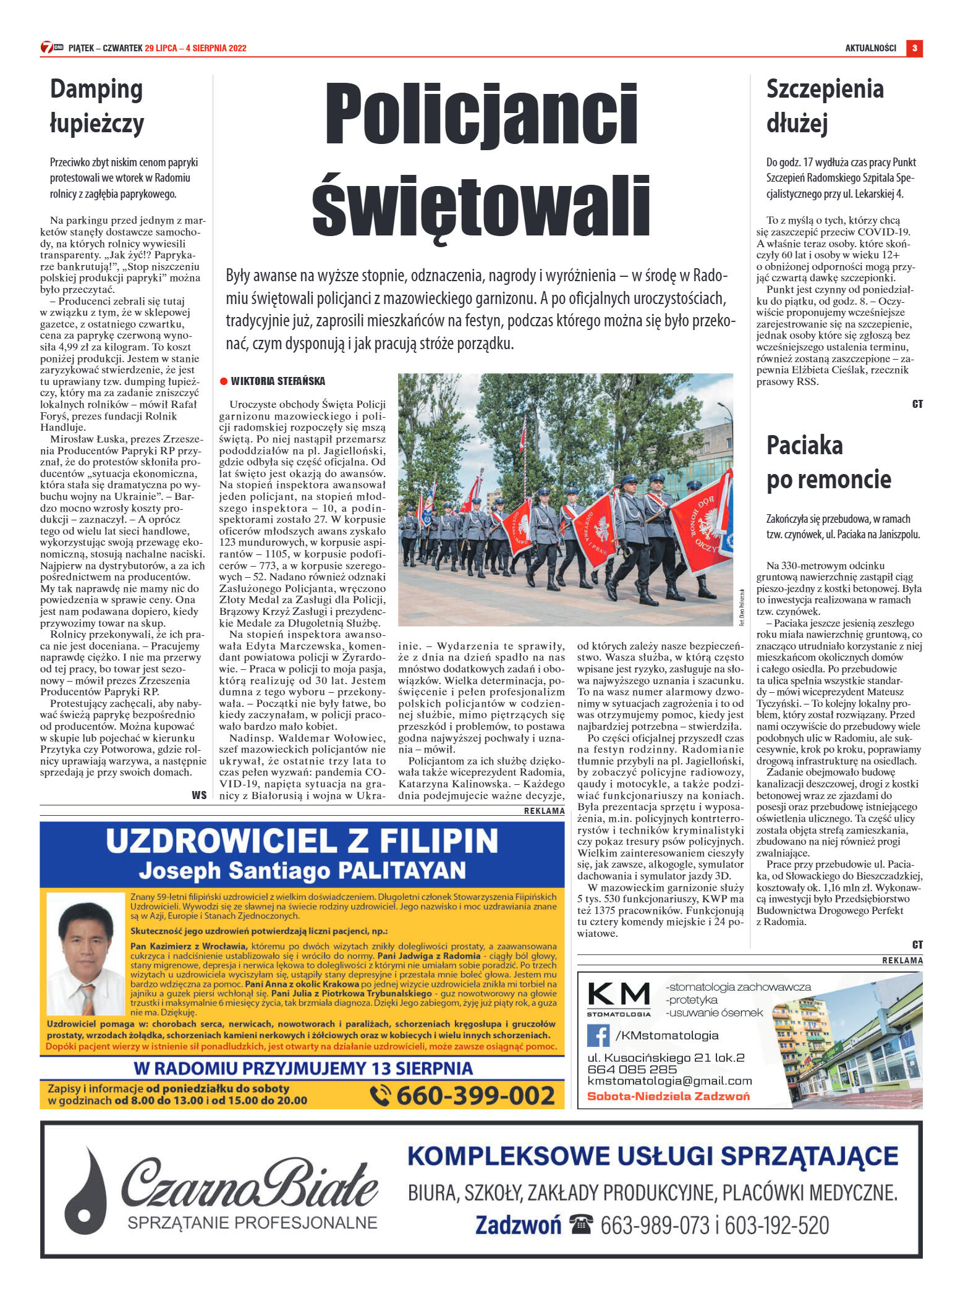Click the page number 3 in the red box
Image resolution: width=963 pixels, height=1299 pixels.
coord(914,48)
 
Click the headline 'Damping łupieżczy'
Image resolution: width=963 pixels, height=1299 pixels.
coord(96,106)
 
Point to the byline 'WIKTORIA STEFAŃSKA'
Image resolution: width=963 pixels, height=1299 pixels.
coord(278,381)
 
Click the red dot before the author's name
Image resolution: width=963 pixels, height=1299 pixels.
coord(224,381)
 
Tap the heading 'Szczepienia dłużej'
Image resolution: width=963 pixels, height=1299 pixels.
coord(825,106)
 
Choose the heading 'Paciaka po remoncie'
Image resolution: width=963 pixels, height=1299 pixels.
coord(828,462)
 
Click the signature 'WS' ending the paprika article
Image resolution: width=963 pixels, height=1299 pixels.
coord(199,795)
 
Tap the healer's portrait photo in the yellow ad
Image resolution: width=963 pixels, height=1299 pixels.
coord(86,954)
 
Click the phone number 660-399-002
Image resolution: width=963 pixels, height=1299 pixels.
coord(475,1096)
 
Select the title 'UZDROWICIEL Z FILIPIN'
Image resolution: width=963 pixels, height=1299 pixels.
coord(302,841)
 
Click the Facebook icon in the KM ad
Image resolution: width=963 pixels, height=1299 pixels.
coord(598,1035)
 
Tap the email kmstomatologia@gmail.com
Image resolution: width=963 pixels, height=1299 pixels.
coord(669,1081)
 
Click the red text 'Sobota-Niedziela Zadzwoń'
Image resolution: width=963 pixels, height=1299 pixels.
coord(668,1096)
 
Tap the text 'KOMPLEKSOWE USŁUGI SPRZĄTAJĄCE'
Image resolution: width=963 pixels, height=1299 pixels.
coord(652,1156)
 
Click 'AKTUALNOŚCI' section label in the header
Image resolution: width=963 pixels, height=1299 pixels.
coord(870,48)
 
